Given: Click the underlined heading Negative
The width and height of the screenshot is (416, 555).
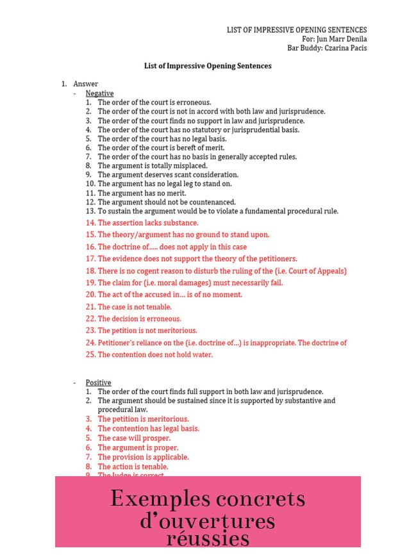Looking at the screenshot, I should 99,94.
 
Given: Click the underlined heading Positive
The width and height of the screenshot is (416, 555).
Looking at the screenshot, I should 98,383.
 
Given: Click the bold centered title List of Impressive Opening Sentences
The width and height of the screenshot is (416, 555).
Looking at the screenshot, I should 208,66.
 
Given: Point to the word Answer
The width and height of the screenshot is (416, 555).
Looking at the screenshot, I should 85,84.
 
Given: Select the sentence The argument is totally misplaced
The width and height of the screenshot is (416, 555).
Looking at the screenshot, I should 153,165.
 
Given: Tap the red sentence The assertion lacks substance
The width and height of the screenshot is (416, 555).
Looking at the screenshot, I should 147,223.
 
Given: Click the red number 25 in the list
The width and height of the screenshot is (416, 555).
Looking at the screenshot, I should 90,354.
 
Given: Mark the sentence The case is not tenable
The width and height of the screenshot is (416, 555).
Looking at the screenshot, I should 135,307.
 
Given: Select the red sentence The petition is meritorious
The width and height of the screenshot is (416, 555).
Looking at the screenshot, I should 143,419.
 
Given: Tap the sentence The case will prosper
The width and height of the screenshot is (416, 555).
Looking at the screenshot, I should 134,438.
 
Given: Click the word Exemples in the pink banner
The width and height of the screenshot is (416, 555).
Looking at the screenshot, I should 160,499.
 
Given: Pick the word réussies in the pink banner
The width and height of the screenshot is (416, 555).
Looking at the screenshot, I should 208,537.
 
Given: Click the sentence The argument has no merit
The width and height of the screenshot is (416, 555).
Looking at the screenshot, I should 142,193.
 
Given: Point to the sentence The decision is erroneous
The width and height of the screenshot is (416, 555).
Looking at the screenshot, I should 139,319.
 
